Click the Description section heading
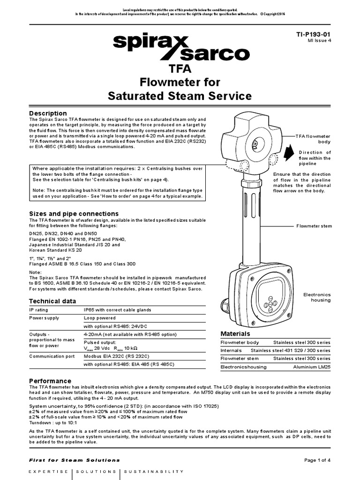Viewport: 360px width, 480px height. pos(48,113)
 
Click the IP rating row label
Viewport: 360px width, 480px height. pos(39,310)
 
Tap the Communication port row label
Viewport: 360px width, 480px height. pos(52,356)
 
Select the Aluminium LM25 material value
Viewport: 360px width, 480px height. pos(312,367)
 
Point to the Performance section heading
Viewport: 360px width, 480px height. pos(50,381)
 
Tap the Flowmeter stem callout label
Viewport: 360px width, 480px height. pos(314,226)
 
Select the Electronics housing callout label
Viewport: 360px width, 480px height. pos(317,297)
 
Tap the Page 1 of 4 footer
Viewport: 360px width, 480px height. pos(317,460)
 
